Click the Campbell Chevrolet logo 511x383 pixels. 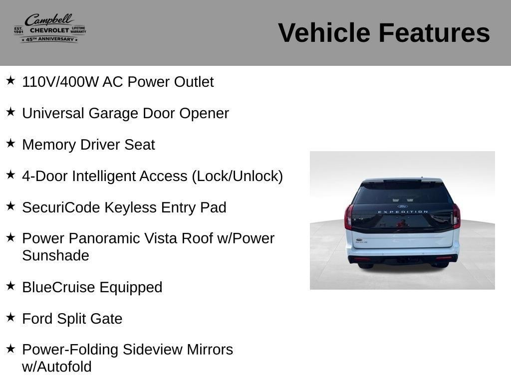point(50,28)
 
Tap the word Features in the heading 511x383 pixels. point(434,33)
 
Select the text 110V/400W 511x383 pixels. point(60,82)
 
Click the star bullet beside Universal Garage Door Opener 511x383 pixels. point(10,112)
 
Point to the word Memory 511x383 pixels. point(49,145)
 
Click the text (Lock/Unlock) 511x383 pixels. point(237,176)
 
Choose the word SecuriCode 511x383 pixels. point(61,207)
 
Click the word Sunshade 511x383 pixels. point(56,256)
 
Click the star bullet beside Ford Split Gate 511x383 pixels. point(10,317)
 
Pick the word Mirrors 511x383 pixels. point(210,350)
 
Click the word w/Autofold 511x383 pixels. point(57,367)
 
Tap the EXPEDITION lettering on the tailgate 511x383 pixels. point(403,212)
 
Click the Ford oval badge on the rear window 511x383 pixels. point(403,206)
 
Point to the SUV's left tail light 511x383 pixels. point(349,216)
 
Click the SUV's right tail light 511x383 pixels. point(456,215)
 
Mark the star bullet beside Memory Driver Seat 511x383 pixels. point(10,143)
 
